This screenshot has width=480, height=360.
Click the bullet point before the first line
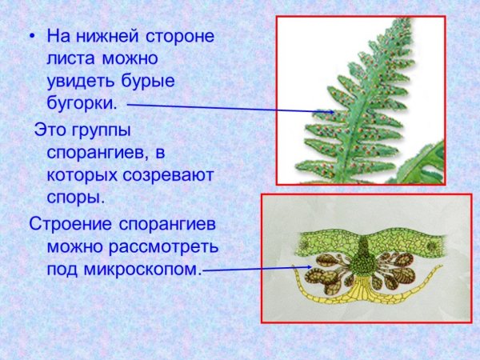pos(32,38)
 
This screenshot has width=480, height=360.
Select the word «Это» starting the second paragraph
pos(50,130)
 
